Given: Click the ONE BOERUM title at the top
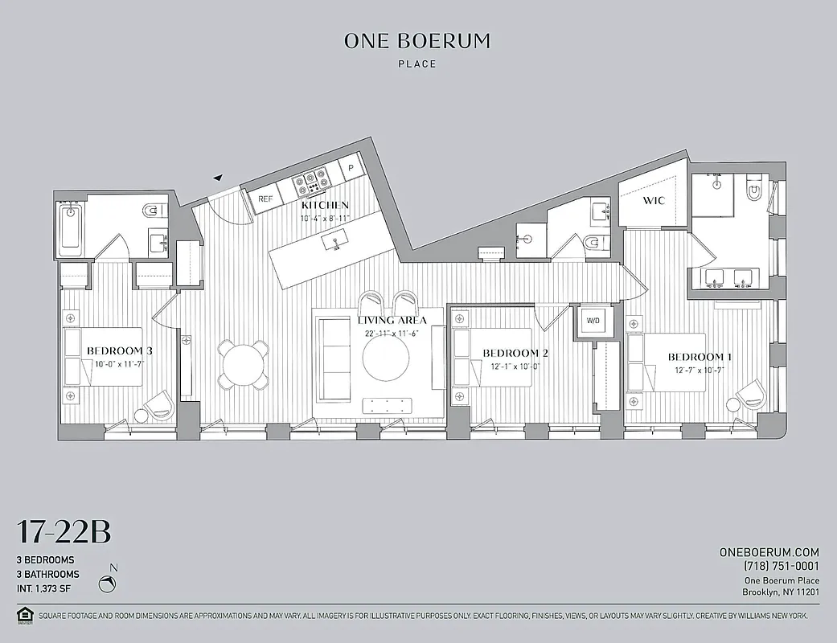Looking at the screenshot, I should click(416, 41).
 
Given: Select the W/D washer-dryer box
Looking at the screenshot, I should click(593, 321).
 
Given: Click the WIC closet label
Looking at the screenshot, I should click(654, 201).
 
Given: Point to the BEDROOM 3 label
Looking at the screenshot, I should click(120, 350).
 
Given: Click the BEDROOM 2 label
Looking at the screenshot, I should click(515, 353).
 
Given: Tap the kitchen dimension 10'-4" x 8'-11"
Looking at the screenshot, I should click(324, 218).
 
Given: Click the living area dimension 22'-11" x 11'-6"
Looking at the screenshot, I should click(392, 333).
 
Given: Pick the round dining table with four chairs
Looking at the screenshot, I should click(244, 363).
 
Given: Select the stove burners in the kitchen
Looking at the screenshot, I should click(310, 182).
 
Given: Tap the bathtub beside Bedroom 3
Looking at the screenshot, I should click(71, 228).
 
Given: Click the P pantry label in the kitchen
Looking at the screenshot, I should click(351, 169).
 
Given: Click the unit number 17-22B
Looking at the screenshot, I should click(64, 532).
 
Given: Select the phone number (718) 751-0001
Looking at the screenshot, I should click(770, 566).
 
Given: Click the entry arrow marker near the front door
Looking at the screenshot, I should click(217, 178).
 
